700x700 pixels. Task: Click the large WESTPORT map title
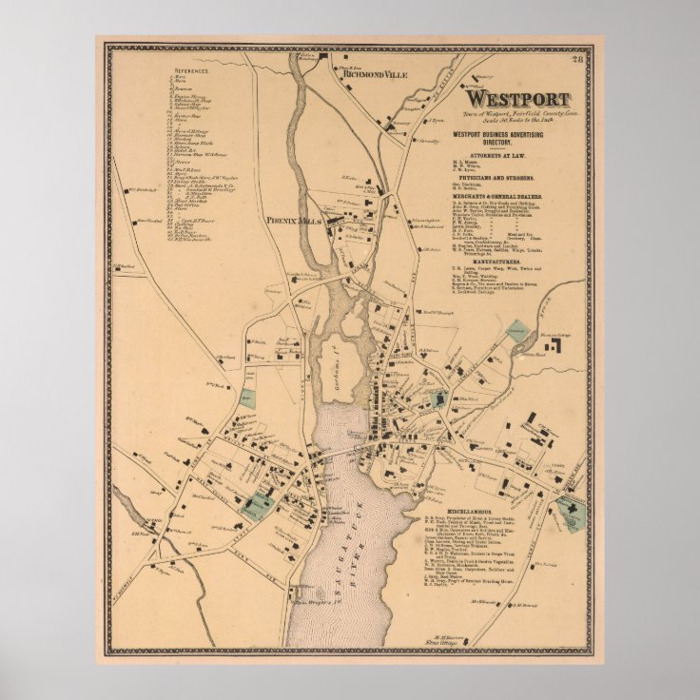(516, 100)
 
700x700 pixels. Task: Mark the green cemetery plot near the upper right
(516, 327)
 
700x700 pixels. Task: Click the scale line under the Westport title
(516, 120)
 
